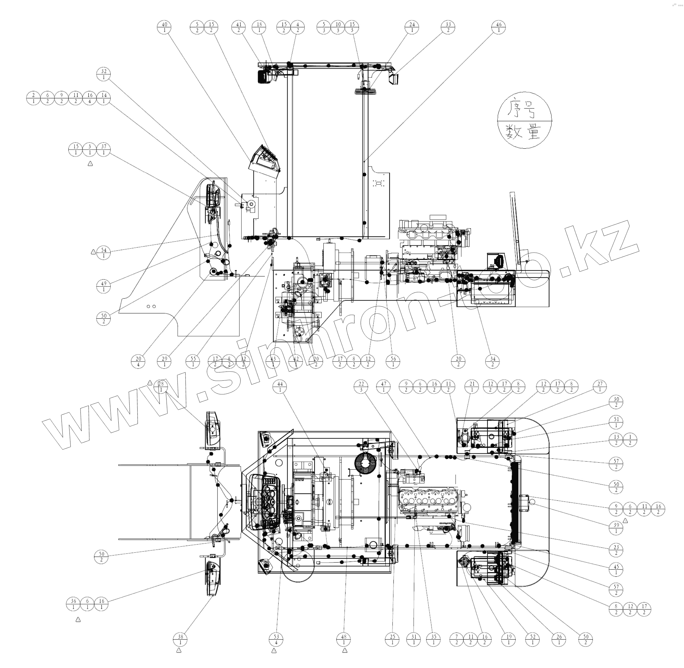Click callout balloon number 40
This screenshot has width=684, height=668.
tap(164, 27)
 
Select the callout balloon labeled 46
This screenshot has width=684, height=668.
tap(499, 27)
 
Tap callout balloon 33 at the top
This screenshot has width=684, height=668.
tap(448, 27)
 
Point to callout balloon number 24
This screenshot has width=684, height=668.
tap(412, 27)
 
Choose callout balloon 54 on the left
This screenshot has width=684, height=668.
tap(104, 253)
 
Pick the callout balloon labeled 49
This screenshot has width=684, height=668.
tap(104, 287)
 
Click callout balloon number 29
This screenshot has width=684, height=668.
tap(164, 362)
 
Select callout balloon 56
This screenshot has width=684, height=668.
tap(393, 362)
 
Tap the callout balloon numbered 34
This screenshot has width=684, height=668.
tap(493, 362)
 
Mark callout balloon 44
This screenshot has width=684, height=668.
tap(280, 387)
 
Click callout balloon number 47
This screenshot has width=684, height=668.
tap(383, 387)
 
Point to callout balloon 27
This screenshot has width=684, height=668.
tap(600, 387)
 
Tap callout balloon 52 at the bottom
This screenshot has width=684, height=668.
tap(533, 640)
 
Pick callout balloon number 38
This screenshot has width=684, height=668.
tap(180, 640)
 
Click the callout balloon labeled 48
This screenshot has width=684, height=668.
tap(343, 640)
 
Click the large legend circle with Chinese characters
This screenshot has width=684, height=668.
tap(525, 120)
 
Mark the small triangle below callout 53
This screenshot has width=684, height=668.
tap(274, 651)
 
